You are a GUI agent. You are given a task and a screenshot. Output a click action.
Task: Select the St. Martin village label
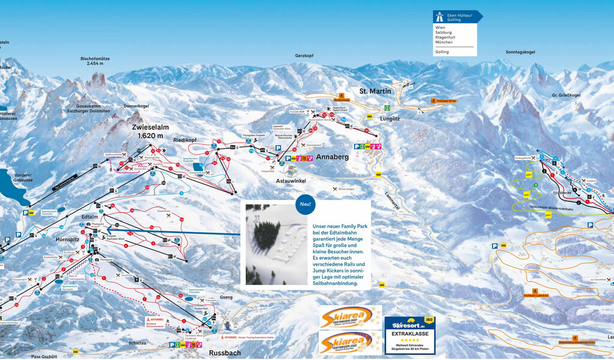(375, 91)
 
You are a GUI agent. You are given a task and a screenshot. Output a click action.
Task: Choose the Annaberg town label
(332, 157)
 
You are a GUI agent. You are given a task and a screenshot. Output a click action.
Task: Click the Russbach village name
(224, 353)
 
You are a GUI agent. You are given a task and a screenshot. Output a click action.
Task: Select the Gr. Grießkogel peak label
(566, 95)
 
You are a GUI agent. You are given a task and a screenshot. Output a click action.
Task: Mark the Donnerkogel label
(136, 106)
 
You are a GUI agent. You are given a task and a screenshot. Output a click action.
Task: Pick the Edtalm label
(89, 217)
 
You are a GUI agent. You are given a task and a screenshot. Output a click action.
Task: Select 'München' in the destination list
(444, 43)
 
